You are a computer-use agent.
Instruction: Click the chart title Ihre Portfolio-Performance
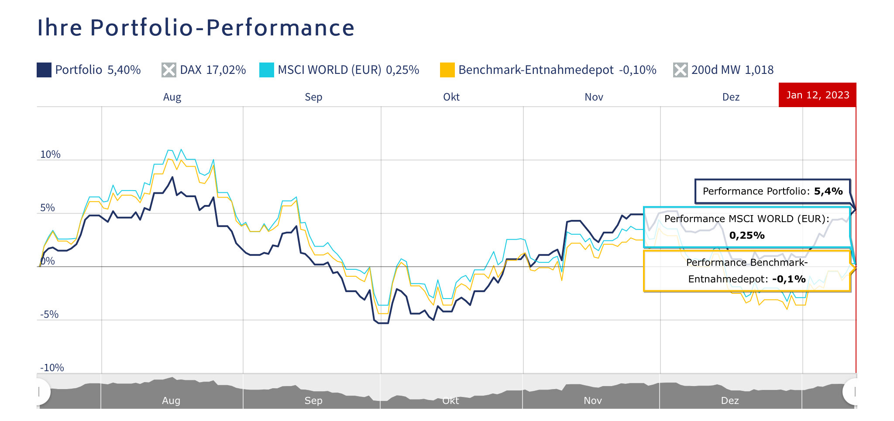pos(196,28)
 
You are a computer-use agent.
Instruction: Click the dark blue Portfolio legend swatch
pos(44,70)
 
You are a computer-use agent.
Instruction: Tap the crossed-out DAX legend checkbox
pos(168,70)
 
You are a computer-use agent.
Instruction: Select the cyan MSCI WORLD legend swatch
pos(266,70)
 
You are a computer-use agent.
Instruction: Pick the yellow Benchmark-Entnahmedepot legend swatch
pos(447,70)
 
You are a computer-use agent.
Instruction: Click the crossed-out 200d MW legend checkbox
pos(680,70)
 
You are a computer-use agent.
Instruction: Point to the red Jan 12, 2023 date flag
pos(817,95)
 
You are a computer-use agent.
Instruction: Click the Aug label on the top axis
pos(172,97)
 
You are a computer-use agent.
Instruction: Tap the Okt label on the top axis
pos(451,97)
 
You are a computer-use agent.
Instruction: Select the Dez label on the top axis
pos(731,97)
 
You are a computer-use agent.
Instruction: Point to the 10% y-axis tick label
pos(50,154)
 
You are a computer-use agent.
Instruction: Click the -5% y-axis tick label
pos(49,314)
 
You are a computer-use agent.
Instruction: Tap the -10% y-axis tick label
pos(52,368)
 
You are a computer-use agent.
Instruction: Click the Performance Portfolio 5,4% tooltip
pos(772,191)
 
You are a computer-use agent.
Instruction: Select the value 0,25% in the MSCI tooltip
pos(747,236)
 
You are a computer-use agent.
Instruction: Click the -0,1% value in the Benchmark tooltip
pos(789,279)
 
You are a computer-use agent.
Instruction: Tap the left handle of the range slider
pos(40,392)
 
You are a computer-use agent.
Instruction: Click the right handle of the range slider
pos(853,392)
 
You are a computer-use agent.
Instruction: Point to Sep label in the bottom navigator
pos(313,400)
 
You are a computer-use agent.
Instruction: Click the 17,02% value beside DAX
pos(226,70)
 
